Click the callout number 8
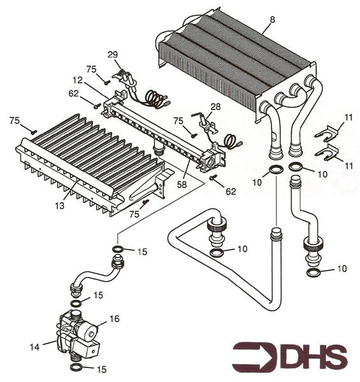tap(272, 20)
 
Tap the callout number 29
tap(113, 55)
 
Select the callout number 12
tap(78, 80)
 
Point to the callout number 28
tap(215, 107)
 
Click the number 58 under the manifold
tap(182, 185)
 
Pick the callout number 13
tap(60, 206)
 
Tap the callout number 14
tap(34, 347)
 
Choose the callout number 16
tap(114, 319)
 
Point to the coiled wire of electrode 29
tap(155, 99)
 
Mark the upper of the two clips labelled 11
tap(327, 134)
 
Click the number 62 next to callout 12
tap(74, 94)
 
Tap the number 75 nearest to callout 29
tap(91, 69)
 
